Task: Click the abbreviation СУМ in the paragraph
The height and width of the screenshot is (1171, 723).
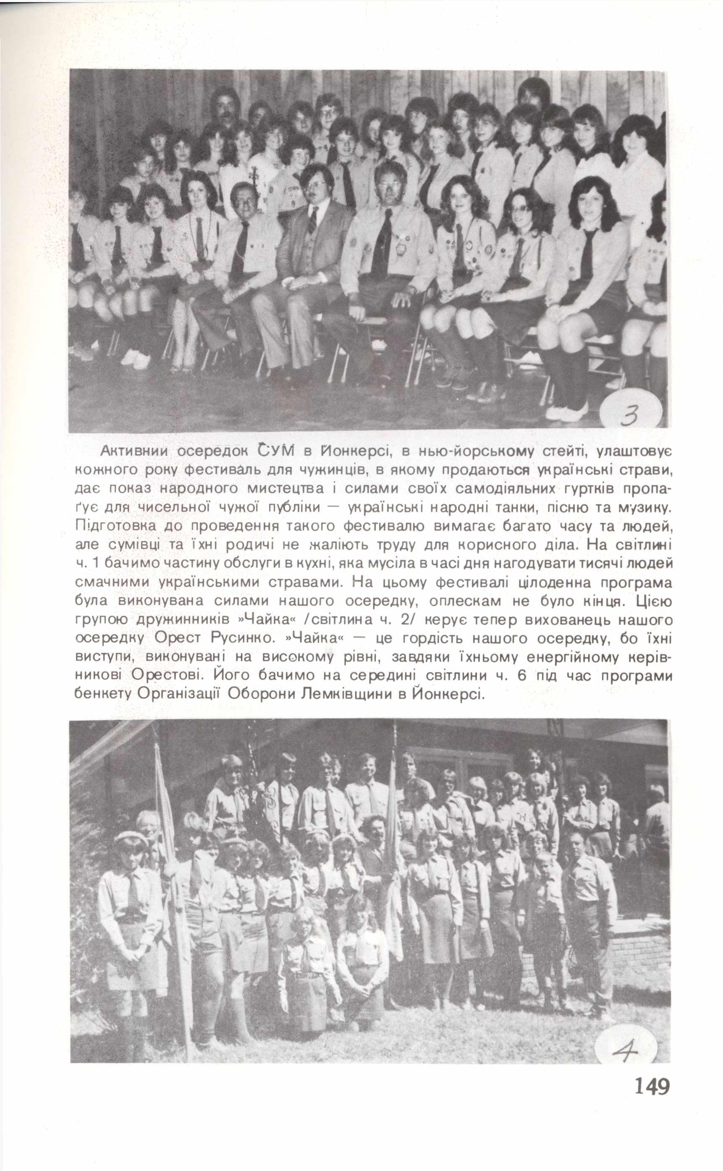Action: (x=273, y=452)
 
